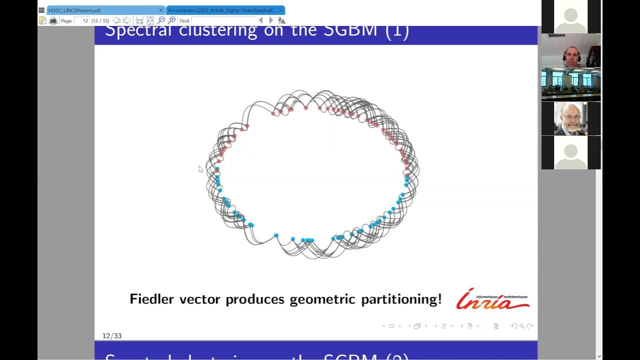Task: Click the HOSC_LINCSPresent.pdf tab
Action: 75,10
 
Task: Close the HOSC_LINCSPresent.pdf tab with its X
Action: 161,10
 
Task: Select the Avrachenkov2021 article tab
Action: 222,10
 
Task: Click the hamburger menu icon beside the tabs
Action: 41,10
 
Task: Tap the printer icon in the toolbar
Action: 53,20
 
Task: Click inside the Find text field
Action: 222,20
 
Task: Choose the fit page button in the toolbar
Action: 150,20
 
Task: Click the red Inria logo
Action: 492,299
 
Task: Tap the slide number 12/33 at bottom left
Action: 112,336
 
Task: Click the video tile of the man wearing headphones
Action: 571,51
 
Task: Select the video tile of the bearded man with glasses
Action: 571,119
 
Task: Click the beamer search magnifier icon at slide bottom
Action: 521,326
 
